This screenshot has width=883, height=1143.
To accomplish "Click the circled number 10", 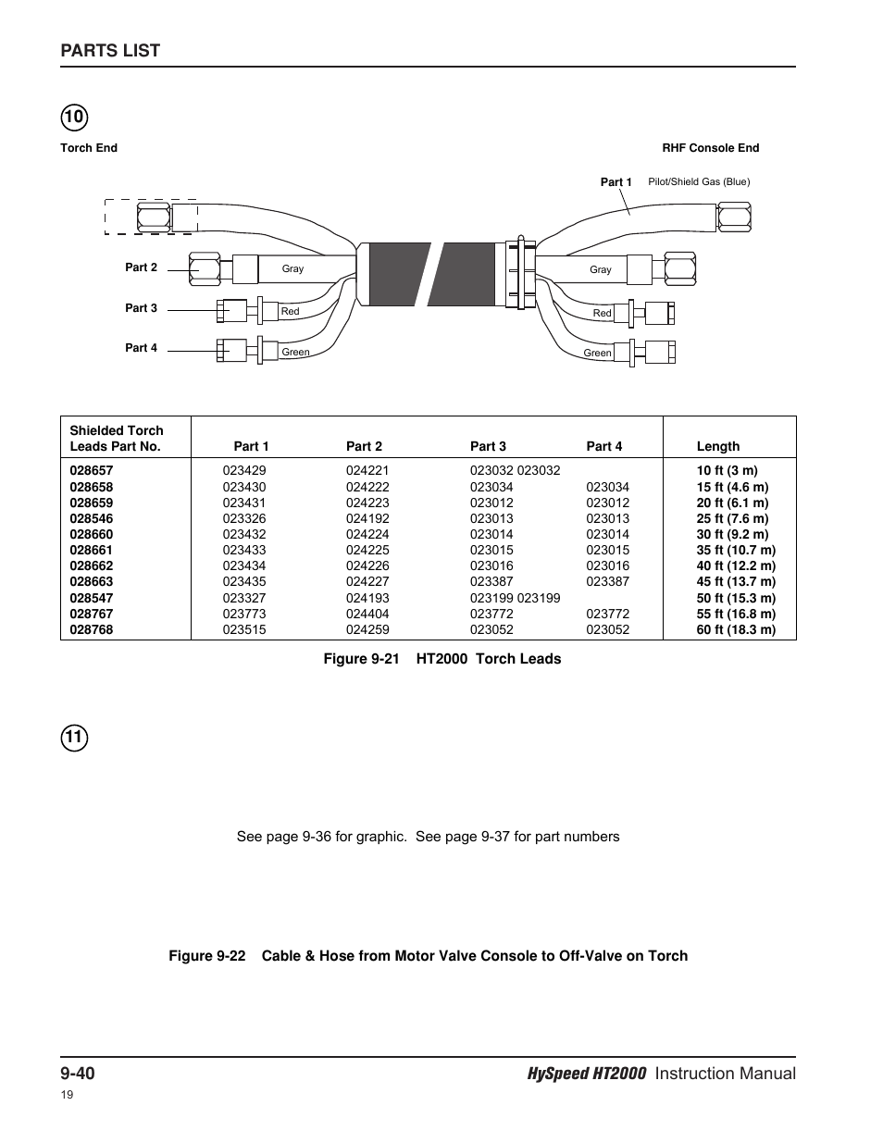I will point(74,118).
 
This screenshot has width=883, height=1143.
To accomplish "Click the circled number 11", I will point(74,739).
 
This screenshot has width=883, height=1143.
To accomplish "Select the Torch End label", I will point(89,148).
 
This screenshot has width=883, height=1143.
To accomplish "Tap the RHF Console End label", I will point(710,148).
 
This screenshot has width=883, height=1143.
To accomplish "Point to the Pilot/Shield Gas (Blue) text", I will point(699,182).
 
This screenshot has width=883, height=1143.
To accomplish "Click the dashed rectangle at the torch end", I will point(150,217).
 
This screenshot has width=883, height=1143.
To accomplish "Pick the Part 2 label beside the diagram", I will point(141,267).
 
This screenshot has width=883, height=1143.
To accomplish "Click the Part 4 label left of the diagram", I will point(141,348).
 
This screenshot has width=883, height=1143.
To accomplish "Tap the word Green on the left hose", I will point(295,353).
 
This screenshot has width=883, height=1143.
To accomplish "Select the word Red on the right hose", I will point(602,314).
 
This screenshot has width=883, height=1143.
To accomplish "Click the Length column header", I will point(717,446).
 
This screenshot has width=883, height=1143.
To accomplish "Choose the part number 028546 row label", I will point(92,518).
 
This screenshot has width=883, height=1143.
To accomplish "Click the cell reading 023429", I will point(243,470).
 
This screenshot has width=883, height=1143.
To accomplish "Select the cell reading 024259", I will point(367,629).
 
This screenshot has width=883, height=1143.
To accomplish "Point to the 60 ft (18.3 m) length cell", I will point(736,629).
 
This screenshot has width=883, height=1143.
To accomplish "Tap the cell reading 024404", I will point(367,614).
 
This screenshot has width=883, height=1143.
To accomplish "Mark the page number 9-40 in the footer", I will point(79,1074).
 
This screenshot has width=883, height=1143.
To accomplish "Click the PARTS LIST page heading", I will point(110,51).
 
